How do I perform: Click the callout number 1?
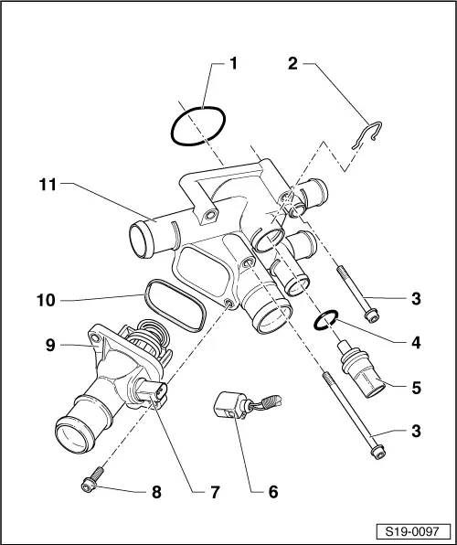233,64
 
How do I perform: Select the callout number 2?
292,64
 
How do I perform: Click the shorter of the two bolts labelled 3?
358,294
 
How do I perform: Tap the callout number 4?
416,344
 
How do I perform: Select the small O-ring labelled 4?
324,320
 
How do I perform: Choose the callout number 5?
416,387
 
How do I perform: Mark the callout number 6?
271,491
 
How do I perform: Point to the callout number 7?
214,491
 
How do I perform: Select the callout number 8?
156,491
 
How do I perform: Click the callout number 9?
51,345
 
